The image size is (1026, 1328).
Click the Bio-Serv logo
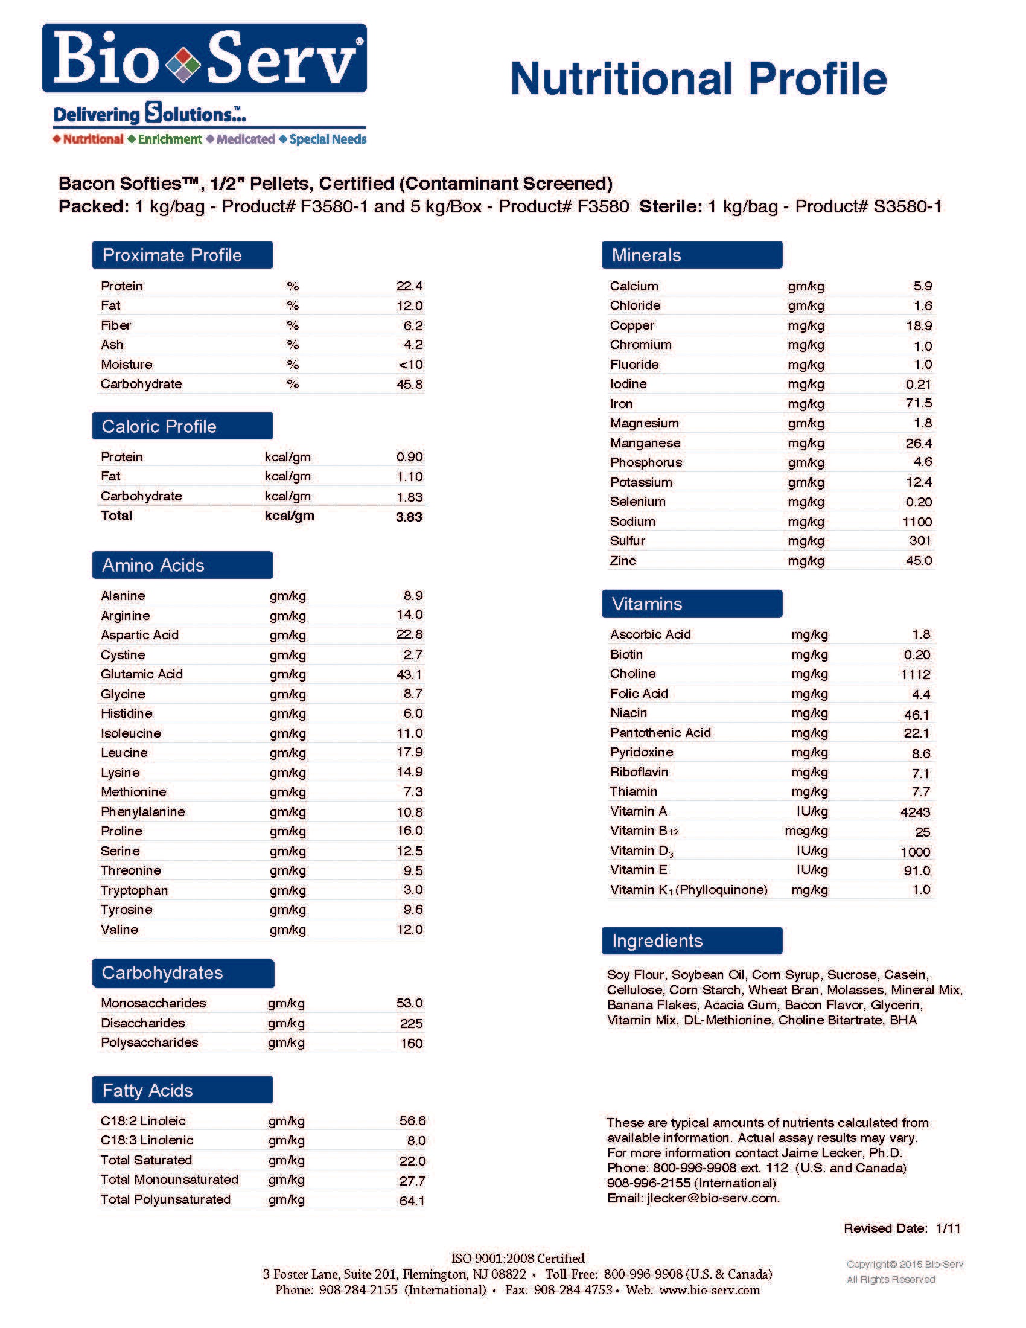pyautogui.click(x=204, y=59)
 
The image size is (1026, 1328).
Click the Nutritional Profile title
pyautogui.click(x=698, y=79)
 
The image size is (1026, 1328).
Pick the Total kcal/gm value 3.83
pyautogui.click(x=409, y=517)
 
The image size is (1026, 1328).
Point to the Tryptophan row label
pyautogui.click(x=135, y=890)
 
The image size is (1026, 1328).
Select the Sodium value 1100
pyautogui.click(x=917, y=522)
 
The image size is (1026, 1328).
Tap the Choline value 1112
pyautogui.click(x=916, y=674)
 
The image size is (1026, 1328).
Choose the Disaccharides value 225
pyautogui.click(x=412, y=1023)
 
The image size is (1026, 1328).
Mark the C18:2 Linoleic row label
pyautogui.click(x=144, y=1121)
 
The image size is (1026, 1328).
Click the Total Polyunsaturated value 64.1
pyautogui.click(x=412, y=1201)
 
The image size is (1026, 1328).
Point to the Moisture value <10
pyautogui.click(x=411, y=365)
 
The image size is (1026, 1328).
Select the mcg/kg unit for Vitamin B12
pyautogui.click(x=806, y=831)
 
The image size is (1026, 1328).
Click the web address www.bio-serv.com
pyautogui.click(x=709, y=1290)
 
